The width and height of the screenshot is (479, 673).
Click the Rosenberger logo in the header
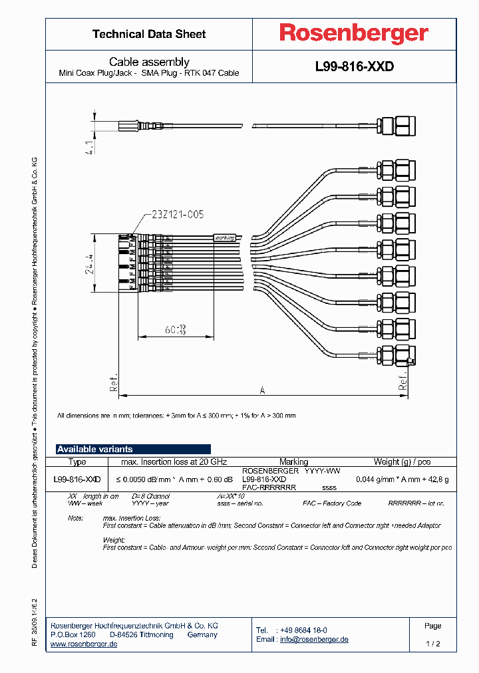pos(353,33)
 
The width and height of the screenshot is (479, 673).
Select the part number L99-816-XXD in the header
pos(354,67)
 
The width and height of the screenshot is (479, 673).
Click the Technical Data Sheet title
pos(149,34)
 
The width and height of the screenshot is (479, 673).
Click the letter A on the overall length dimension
pos(261,390)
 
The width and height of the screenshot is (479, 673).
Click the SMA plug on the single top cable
pos(396,124)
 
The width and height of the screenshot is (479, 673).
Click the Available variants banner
pos(133,449)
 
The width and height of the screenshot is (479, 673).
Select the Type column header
pos(77,462)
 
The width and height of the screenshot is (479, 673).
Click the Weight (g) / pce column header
pos(402,462)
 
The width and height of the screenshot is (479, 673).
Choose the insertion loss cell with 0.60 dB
pos(175,479)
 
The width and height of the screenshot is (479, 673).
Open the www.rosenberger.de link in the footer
pos(84,644)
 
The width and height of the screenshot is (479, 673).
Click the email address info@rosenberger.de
pos(314,639)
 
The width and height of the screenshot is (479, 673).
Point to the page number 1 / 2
pos(432,644)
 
